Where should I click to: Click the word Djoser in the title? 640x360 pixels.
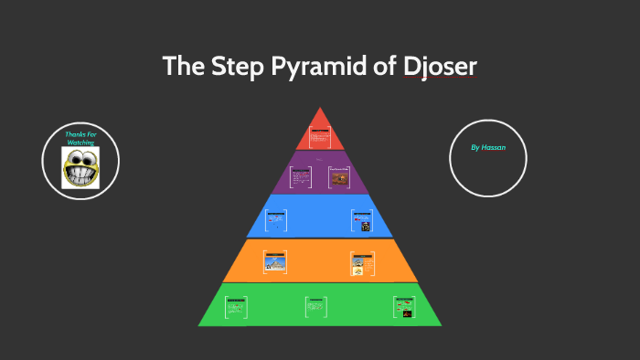(440, 67)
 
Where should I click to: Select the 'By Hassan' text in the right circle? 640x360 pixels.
(487, 146)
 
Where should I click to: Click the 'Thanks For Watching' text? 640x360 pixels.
(80, 139)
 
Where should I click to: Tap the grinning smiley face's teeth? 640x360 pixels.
(80, 175)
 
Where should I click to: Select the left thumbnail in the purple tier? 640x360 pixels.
(301, 176)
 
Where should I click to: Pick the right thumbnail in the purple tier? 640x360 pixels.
(340, 177)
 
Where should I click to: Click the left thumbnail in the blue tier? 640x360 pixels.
(275, 220)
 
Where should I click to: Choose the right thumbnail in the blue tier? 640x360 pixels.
(362, 220)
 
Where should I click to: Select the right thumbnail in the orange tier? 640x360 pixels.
(362, 262)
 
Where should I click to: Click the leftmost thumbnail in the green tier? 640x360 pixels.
(237, 306)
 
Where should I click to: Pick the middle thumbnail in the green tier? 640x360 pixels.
(316, 306)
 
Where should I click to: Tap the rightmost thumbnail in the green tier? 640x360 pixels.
(403, 306)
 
